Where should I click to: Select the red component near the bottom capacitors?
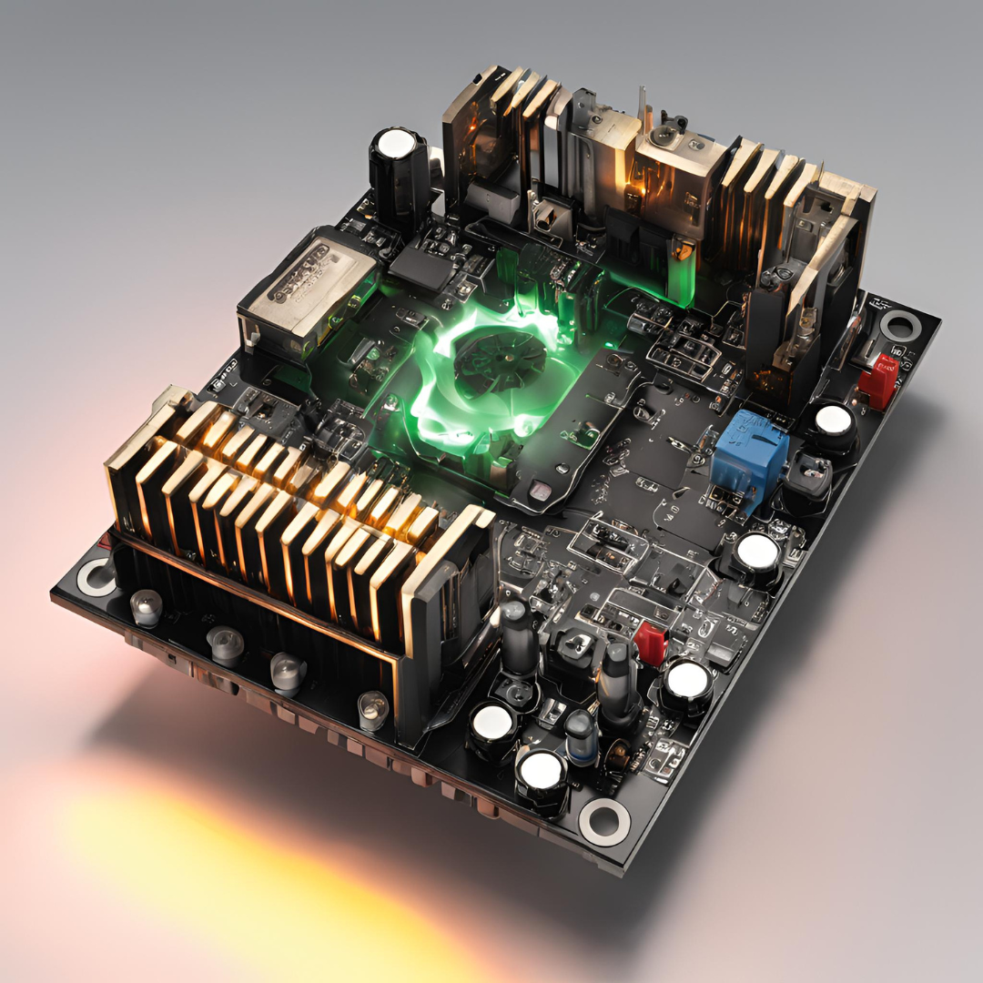650,641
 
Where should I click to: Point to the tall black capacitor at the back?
398,182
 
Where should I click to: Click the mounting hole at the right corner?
901,325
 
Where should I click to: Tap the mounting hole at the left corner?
96,577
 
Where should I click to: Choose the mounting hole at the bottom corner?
603,822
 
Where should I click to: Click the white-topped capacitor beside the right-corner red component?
833,421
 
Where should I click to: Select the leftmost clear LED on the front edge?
146,607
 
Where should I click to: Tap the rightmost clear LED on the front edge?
372,708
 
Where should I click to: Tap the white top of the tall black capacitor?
397,143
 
